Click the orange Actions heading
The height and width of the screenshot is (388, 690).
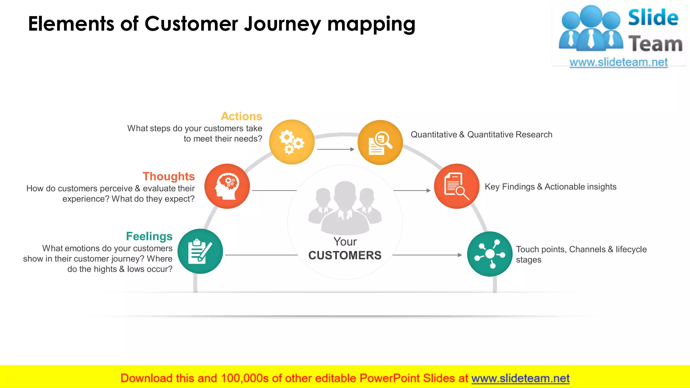click(241, 116)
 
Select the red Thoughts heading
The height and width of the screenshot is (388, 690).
click(168, 176)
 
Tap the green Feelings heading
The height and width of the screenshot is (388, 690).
click(149, 236)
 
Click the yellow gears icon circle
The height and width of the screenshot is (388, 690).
click(292, 142)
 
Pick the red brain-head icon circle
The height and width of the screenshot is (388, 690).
click(227, 186)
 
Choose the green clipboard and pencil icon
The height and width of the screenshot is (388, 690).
click(200, 251)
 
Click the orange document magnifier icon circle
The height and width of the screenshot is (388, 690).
click(380, 142)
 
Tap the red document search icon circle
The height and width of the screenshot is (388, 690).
click(457, 186)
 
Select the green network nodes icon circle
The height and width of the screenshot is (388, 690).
click(490, 254)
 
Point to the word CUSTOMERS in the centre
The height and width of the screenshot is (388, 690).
click(345, 255)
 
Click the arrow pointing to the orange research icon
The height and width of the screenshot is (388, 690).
click(336, 149)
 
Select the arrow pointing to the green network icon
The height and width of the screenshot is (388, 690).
click(427, 255)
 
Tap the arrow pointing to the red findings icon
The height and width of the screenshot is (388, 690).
click(412, 191)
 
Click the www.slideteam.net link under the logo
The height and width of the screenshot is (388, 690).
click(619, 62)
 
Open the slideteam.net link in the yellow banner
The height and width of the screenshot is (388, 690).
click(520, 379)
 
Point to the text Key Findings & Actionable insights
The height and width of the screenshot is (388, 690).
click(551, 187)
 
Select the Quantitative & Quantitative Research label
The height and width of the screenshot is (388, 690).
click(481, 135)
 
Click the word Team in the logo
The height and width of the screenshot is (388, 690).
click(655, 44)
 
